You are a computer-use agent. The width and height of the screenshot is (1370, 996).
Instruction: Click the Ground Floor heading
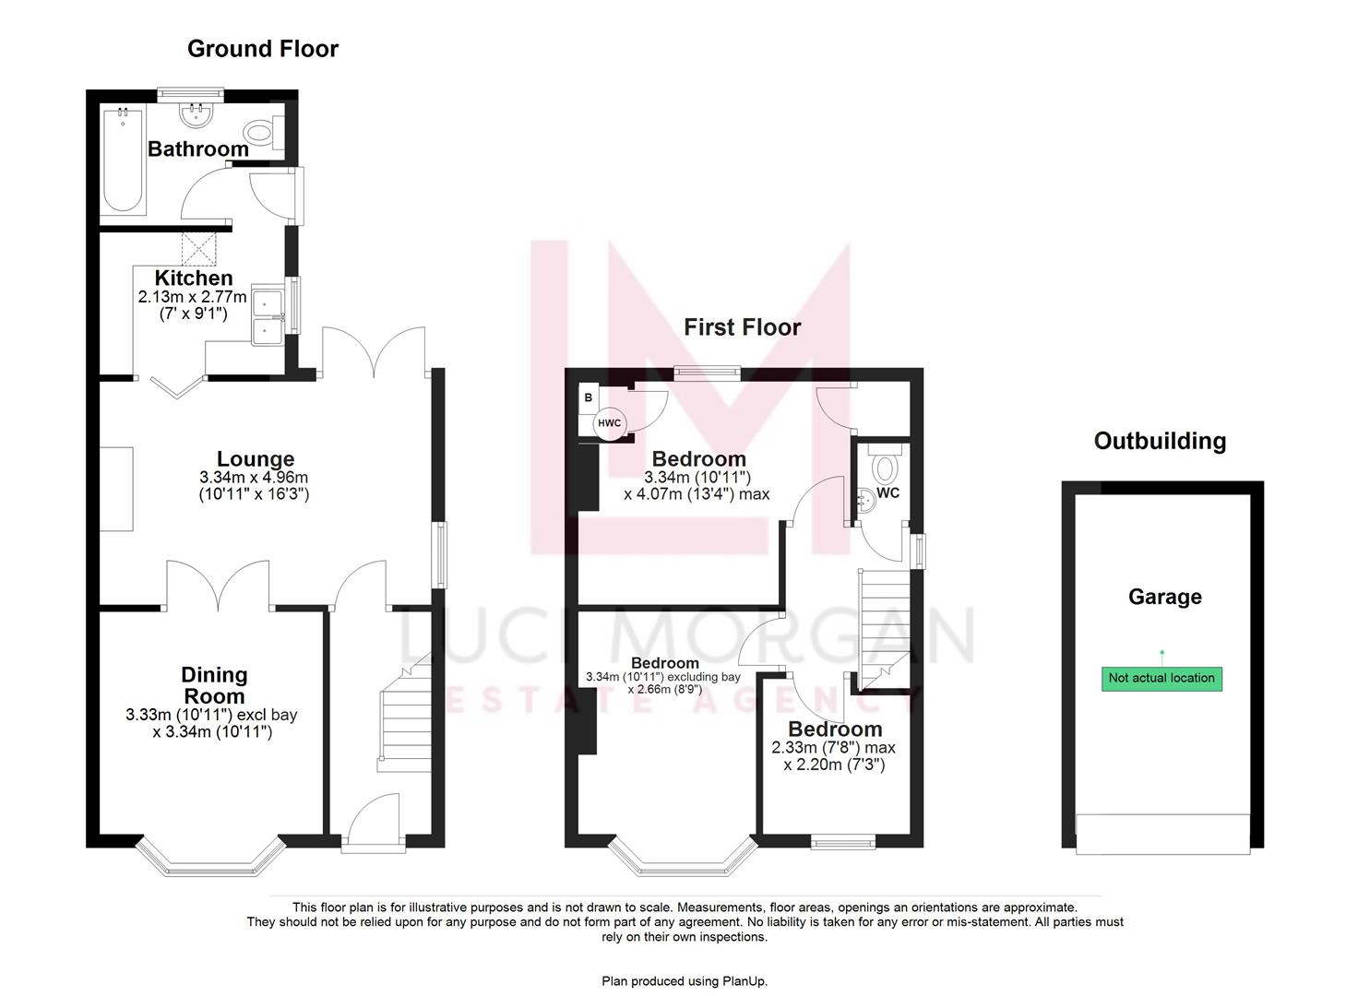pyautogui.click(x=262, y=49)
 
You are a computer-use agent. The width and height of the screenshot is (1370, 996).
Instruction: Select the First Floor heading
pyautogui.click(x=742, y=327)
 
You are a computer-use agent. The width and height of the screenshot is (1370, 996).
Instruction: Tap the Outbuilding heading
pyautogui.click(x=1160, y=441)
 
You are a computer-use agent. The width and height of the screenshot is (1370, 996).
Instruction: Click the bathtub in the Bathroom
pyautogui.click(x=122, y=161)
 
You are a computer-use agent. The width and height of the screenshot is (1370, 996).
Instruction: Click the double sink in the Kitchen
pyautogui.click(x=268, y=316)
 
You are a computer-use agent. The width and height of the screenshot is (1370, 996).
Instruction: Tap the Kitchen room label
pyautogui.click(x=193, y=278)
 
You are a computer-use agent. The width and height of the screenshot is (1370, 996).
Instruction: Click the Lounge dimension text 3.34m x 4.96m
pyautogui.click(x=254, y=478)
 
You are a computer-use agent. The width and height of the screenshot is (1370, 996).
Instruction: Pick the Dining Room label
pyautogui.click(x=213, y=685)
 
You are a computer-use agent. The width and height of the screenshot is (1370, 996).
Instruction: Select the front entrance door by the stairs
pyautogui.click(x=373, y=821)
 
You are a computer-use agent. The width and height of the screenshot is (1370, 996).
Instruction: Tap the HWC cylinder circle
pyautogui.click(x=610, y=423)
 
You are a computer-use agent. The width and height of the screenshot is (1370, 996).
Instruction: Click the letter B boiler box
pyautogui.click(x=589, y=398)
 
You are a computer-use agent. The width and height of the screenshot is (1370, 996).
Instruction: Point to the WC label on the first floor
pyautogui.click(x=888, y=493)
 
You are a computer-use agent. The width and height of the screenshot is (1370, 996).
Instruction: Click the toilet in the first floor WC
pyautogui.click(x=885, y=468)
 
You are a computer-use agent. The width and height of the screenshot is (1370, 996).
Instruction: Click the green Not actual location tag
pyautogui.click(x=1161, y=678)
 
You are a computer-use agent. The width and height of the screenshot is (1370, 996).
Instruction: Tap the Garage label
pyautogui.click(x=1164, y=597)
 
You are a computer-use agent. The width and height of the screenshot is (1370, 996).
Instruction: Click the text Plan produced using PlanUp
pyautogui.click(x=685, y=981)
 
